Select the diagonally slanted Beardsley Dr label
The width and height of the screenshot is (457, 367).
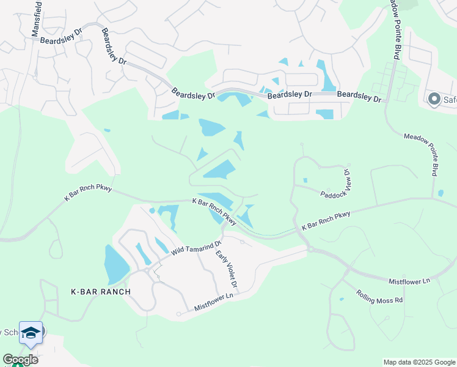pyautogui.click(x=114, y=46)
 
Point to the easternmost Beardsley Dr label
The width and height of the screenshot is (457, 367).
pyautogui.click(x=359, y=96)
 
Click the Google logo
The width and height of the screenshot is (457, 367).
pyautogui.click(x=20, y=360)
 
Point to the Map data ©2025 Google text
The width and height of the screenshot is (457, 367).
pyautogui.click(x=419, y=362)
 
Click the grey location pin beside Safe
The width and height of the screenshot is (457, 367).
pyautogui.click(x=434, y=99)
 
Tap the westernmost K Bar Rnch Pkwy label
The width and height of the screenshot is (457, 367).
pyautogui.click(x=88, y=193)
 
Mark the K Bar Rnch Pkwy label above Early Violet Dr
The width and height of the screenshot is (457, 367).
pyautogui.click(x=214, y=211)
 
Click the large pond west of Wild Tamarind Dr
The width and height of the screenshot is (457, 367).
pyautogui.click(x=116, y=264)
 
